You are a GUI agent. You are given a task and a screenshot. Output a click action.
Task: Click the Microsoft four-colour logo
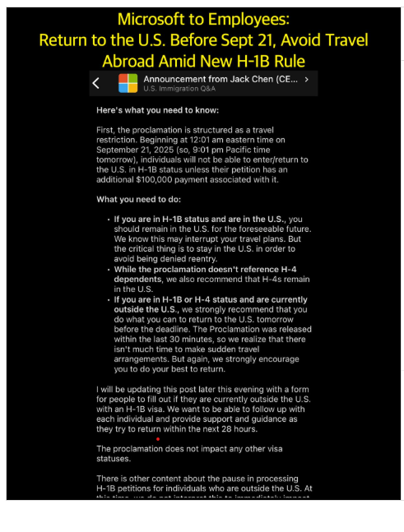coord(128,83)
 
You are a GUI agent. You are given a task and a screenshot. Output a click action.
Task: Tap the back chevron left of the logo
coord(96,83)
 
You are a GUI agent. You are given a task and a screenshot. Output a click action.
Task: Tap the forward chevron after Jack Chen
coord(306,80)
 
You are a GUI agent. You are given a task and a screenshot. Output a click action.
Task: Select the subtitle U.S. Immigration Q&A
coord(176,88)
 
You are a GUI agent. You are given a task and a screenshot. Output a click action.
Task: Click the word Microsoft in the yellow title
coord(164,19)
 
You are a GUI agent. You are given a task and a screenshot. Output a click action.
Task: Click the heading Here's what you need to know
coord(157,109)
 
